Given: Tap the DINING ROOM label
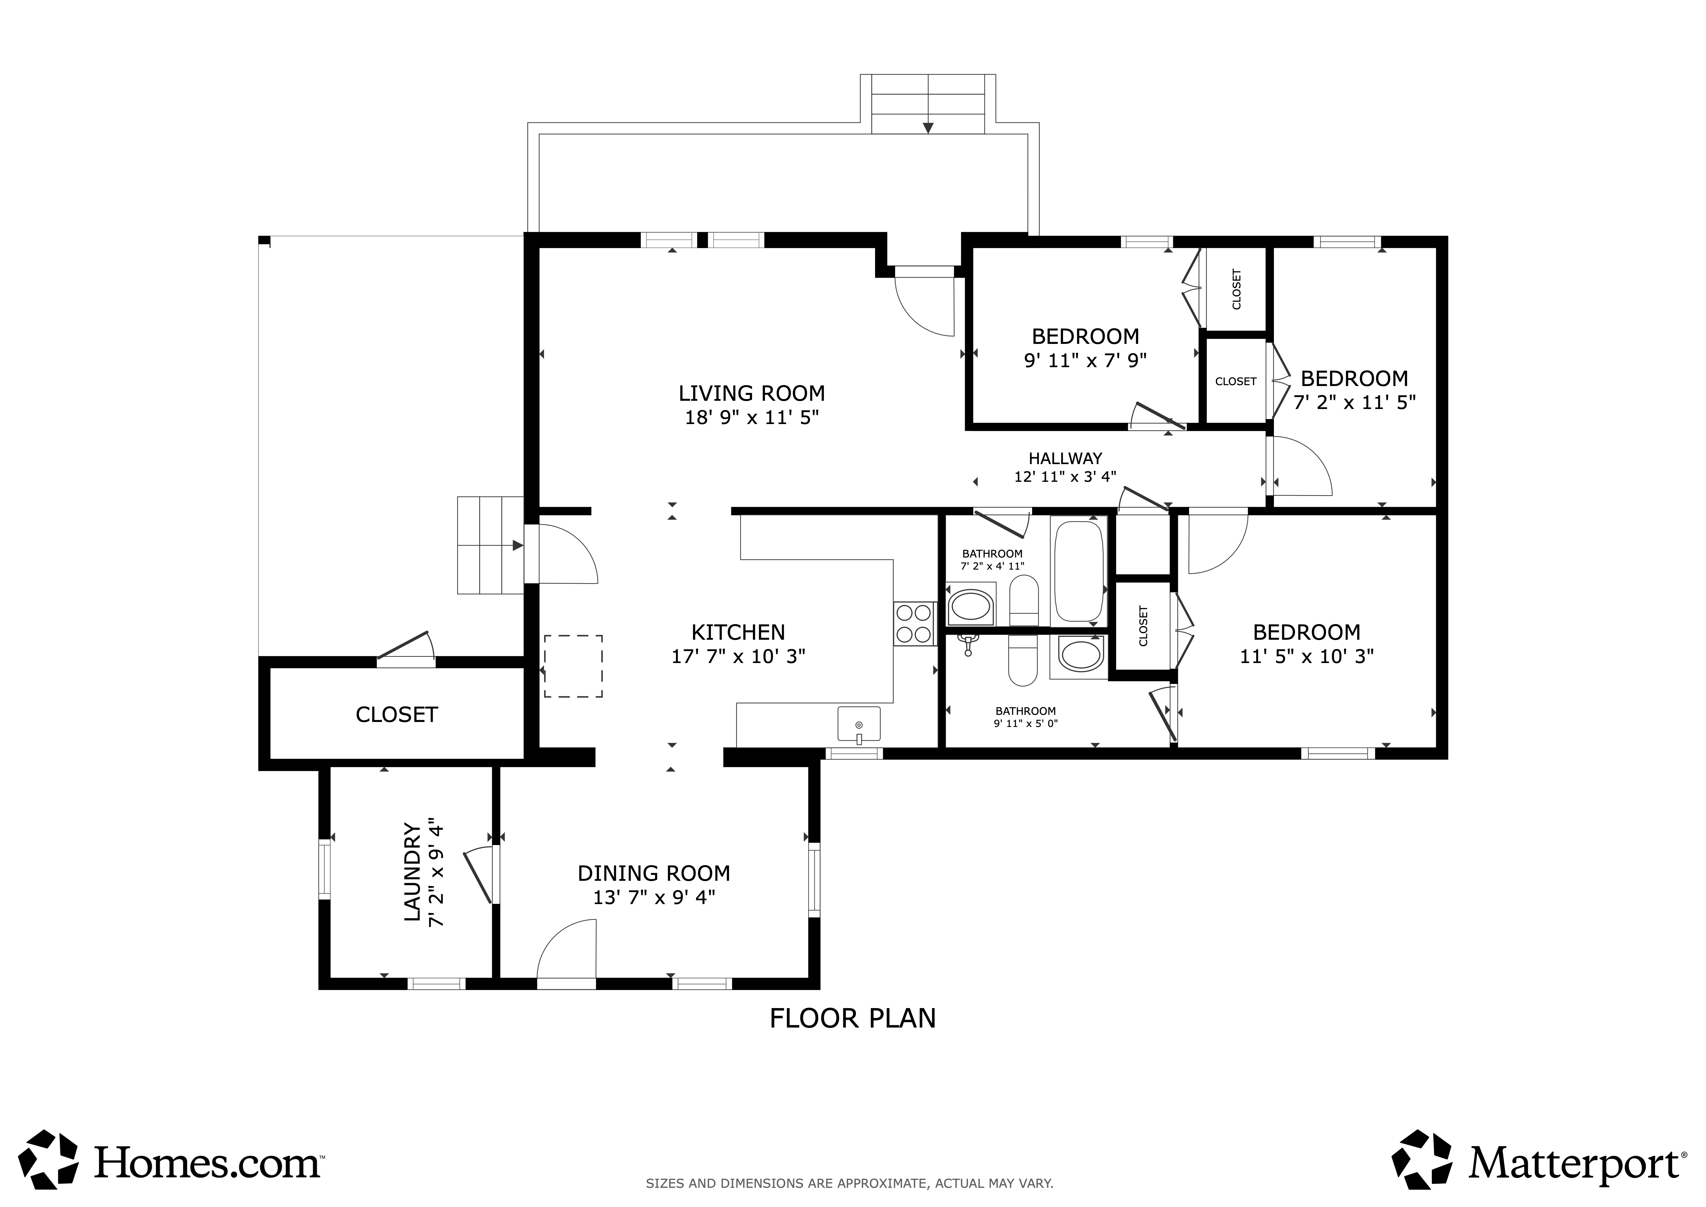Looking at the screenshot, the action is pos(654,873).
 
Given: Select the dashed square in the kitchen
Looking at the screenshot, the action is pos(573,666).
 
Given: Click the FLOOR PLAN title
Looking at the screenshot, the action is pos(852,1018).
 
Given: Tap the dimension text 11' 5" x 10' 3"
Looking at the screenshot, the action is pos(1306,656).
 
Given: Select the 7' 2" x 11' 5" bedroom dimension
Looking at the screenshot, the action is pos(1355,402).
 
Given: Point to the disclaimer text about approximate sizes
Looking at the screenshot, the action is pos(849,1183).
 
